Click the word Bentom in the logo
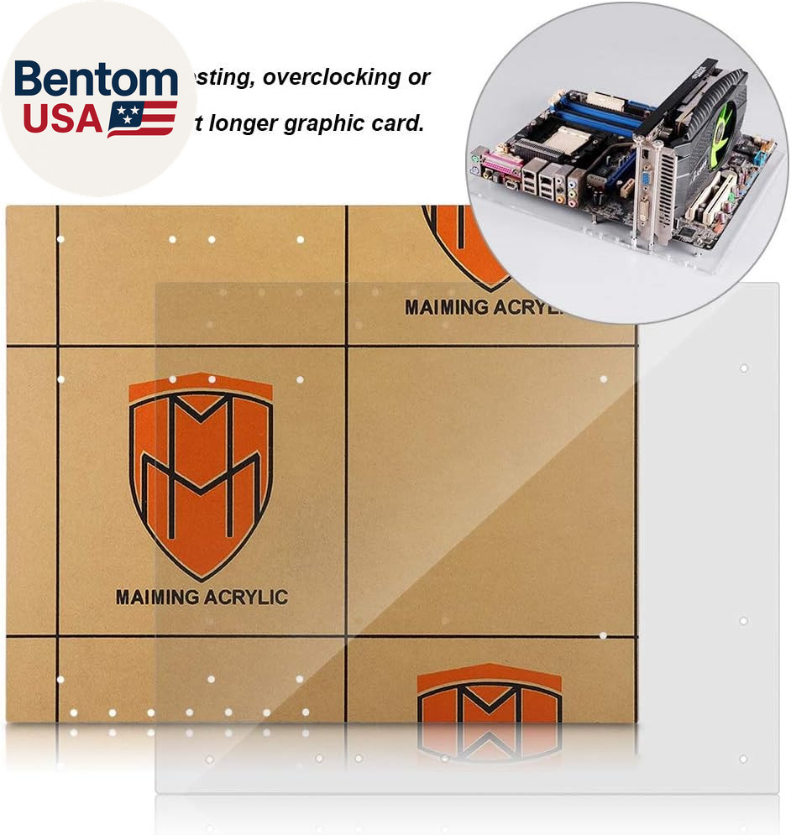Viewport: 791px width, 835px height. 96,80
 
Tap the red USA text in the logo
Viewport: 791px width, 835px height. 62,118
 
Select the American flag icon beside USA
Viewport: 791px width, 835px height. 141,118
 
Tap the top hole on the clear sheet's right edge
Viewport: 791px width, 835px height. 743,368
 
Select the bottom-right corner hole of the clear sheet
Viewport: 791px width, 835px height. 743,759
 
